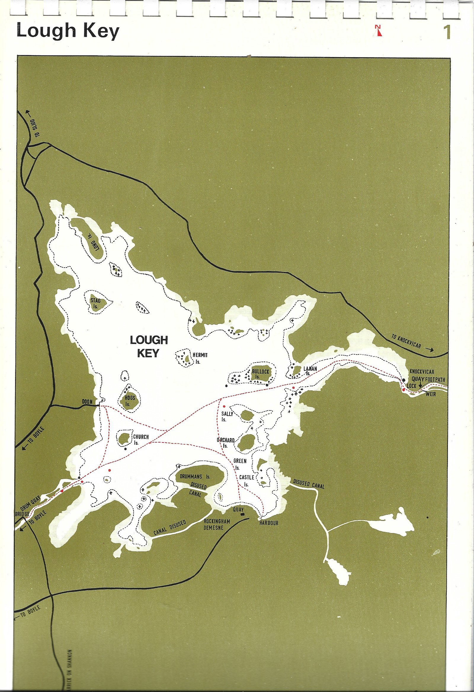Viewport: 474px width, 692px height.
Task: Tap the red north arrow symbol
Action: (379, 31)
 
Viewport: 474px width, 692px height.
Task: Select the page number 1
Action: (447, 32)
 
